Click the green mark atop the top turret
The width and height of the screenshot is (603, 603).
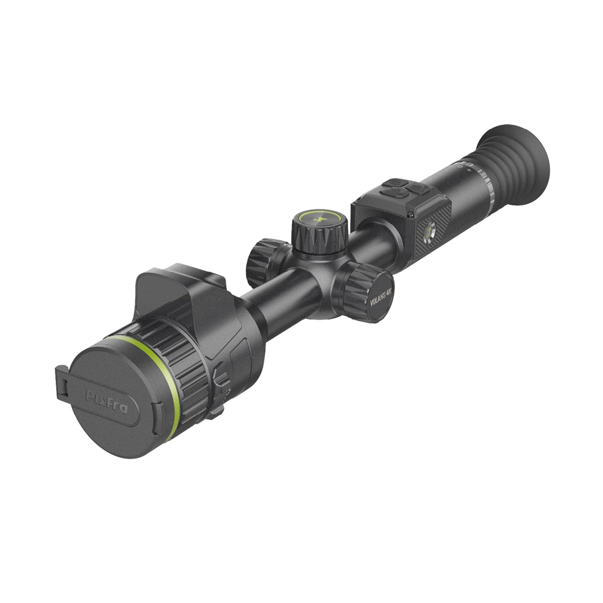[x=320, y=219]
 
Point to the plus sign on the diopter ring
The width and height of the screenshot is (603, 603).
[x=469, y=170]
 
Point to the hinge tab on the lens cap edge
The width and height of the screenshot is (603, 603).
[x=61, y=384]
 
